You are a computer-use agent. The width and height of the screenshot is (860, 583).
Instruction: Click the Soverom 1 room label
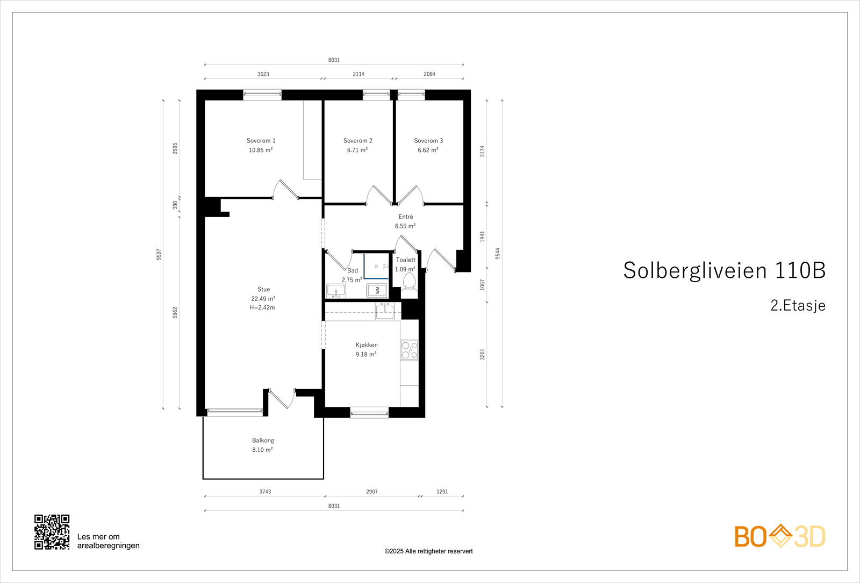click(261, 141)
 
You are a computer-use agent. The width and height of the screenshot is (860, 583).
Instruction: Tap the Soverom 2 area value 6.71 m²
click(357, 150)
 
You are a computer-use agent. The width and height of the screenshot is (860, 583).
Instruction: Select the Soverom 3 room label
click(428, 141)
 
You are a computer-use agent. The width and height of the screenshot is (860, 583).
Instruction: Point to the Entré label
click(406, 217)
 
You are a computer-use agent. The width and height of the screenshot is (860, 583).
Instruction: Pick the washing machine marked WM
click(377, 290)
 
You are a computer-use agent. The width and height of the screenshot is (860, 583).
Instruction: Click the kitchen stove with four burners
click(409, 350)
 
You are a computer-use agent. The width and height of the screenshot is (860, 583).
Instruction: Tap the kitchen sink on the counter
click(385, 311)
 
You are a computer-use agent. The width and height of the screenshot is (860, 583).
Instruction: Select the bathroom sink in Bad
click(336, 291)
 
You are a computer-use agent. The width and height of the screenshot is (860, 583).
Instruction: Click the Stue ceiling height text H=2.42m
click(262, 308)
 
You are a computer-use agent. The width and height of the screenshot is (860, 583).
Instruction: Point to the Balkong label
click(263, 441)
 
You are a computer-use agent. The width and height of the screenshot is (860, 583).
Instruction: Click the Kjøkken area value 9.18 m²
click(366, 355)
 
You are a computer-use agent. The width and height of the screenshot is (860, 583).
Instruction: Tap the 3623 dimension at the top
click(263, 74)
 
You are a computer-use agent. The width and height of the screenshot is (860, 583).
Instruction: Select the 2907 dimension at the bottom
click(372, 492)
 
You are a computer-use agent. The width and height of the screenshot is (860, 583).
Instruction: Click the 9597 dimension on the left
click(159, 254)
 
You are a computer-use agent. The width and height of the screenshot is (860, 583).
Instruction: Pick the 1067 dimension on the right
click(483, 285)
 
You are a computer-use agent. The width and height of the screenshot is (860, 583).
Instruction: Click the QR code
click(52, 532)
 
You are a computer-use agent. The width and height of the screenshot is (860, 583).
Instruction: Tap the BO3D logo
click(780, 536)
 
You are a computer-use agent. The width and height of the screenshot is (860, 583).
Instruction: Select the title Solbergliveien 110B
click(724, 270)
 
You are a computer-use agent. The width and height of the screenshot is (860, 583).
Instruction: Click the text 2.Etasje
click(798, 306)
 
